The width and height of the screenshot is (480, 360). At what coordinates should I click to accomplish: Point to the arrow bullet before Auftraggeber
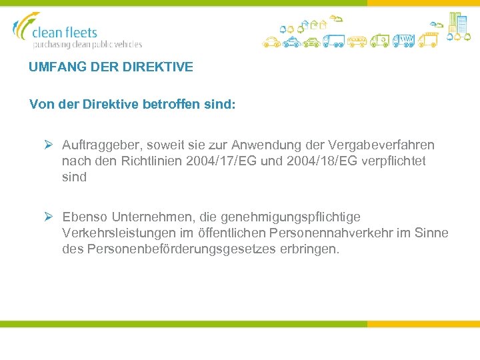coord(48,145)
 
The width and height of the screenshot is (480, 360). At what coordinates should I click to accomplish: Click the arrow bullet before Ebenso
coord(48,217)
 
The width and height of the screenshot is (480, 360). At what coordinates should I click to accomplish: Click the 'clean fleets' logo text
coord(65,32)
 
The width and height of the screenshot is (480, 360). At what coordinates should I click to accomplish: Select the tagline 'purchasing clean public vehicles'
coord(87,45)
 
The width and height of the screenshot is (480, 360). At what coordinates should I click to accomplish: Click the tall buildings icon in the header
coord(458,23)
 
